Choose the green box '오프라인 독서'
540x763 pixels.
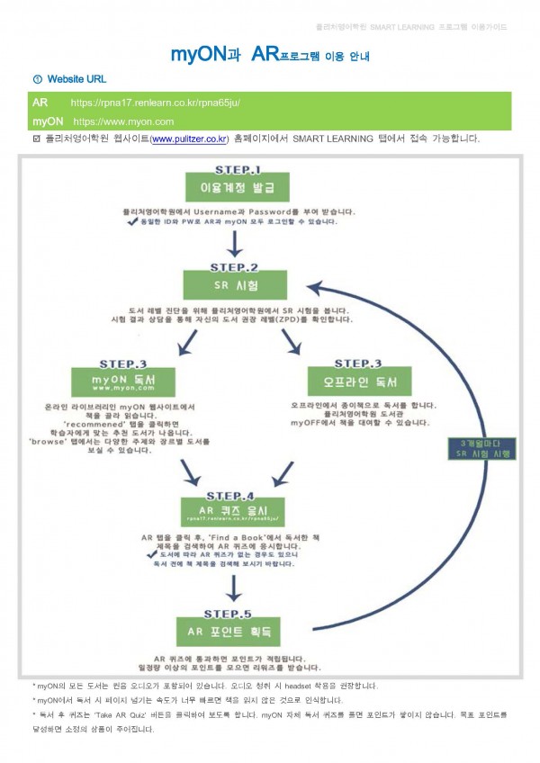click(347, 381)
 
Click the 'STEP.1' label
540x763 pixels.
click(236, 168)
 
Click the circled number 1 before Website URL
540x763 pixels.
click(36, 81)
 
